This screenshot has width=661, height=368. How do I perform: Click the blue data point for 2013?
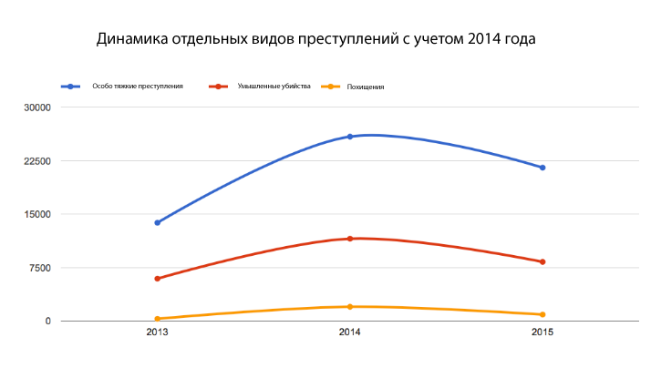coord(158,222)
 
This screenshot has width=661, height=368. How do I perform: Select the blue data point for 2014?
coord(350,137)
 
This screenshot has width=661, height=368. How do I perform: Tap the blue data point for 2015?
coord(542,168)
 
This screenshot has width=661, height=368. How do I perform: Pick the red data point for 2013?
coord(158,279)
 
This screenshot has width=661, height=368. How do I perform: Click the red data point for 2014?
coord(350,239)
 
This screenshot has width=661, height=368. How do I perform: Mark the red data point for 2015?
coord(542,261)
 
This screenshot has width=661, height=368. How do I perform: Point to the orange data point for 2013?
coord(158,319)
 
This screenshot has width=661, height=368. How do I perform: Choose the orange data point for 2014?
coord(350,307)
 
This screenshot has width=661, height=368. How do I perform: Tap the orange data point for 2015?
coord(542,314)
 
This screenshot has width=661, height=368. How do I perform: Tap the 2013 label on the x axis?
coord(158,333)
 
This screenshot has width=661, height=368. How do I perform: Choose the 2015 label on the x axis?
coord(542,333)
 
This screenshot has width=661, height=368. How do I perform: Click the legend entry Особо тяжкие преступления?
coord(138,87)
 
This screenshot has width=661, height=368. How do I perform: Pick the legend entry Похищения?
coord(366,87)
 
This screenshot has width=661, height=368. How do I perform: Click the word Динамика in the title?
coord(130,40)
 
